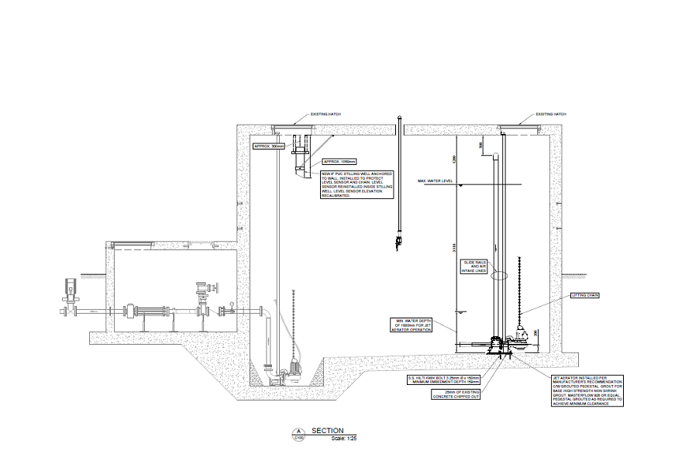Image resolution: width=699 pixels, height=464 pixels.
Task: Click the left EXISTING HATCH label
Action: point(325,114)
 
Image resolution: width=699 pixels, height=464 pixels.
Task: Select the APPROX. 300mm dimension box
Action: point(270,146)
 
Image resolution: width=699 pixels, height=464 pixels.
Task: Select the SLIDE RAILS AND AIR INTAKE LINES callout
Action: point(474,266)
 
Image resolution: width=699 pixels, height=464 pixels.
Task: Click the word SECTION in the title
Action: point(327,431)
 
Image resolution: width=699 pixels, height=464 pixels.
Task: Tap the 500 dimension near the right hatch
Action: point(480,145)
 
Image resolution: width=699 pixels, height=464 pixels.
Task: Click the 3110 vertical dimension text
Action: point(456,249)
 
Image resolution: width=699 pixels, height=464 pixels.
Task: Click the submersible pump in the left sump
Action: point(294,369)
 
